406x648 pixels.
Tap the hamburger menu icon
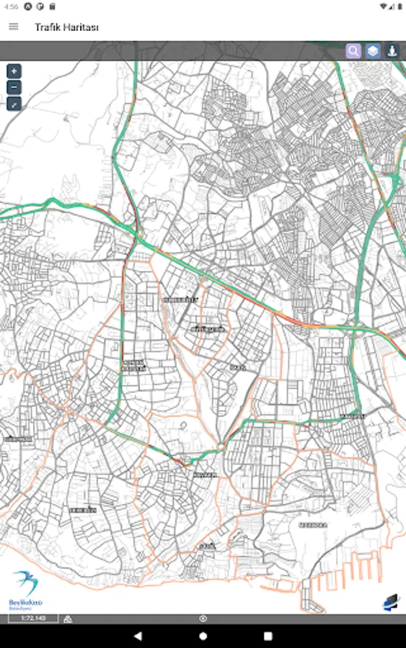click(x=14, y=27)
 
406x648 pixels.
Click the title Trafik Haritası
click(x=66, y=27)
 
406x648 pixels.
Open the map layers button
click(x=372, y=51)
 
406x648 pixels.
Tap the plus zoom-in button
click(x=14, y=71)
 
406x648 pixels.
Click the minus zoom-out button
click(x=14, y=88)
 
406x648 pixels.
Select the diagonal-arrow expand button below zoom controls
click(x=14, y=104)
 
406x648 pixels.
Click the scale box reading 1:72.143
click(x=33, y=618)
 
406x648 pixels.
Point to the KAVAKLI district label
click(x=205, y=476)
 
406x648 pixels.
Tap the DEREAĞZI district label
click(x=83, y=510)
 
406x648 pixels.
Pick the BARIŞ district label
click(x=238, y=367)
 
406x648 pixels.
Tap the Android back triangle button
click(x=138, y=636)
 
